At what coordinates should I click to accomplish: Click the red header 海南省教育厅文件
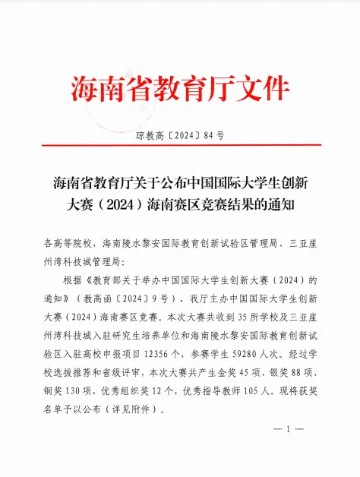(x=180, y=88)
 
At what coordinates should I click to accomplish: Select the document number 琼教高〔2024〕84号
(x=180, y=136)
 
